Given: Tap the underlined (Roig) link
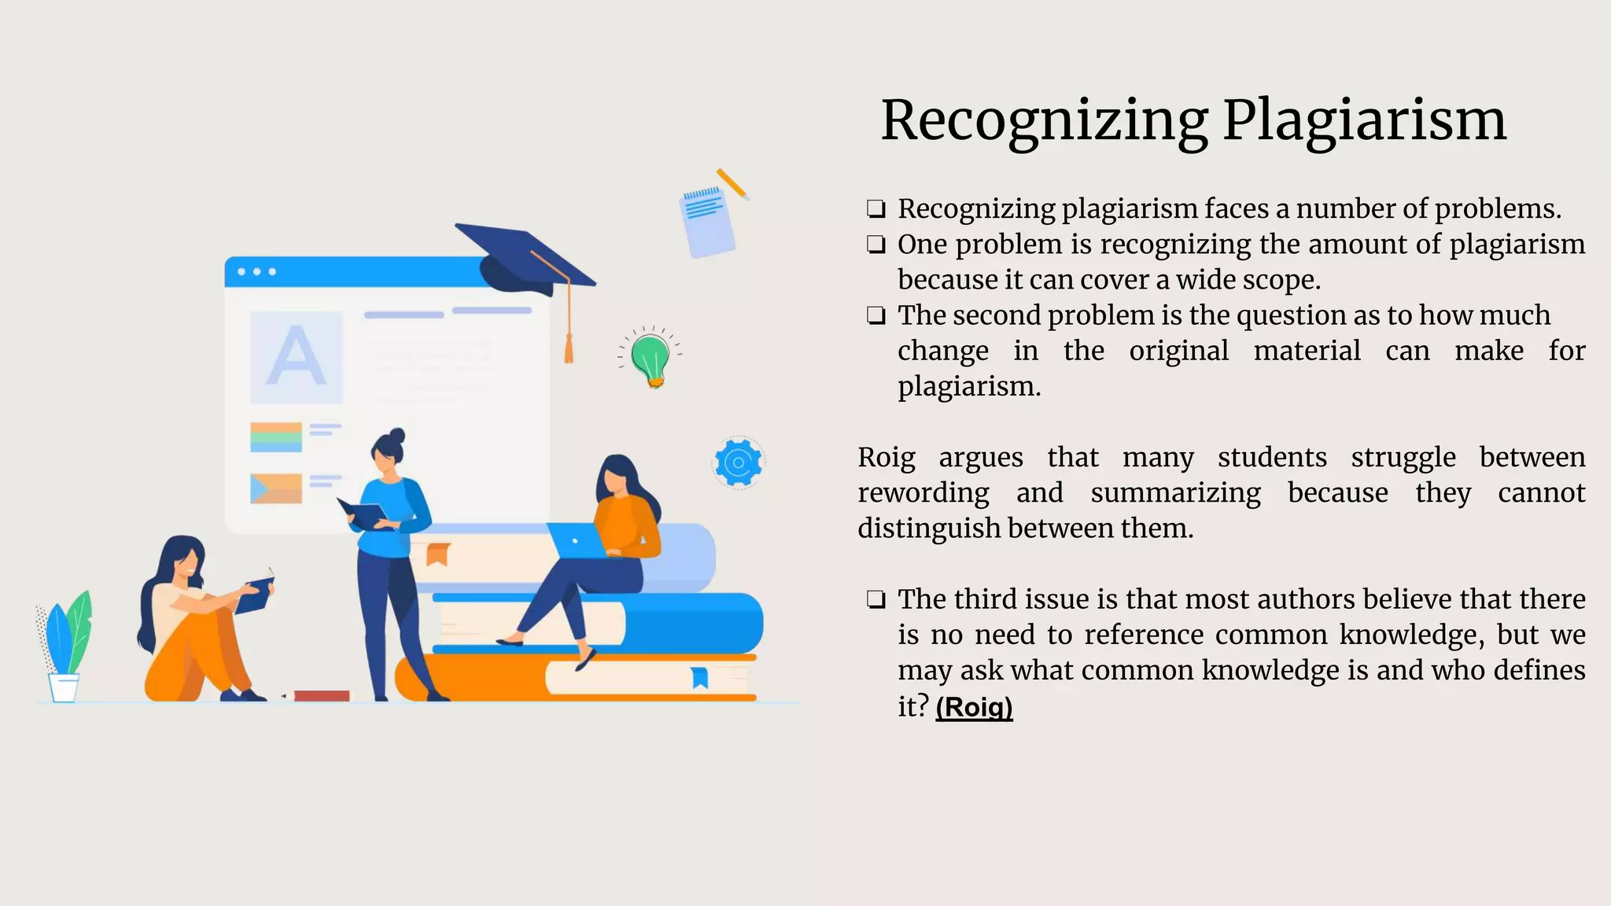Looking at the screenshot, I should click(974, 706).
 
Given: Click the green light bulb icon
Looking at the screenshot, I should click(651, 358).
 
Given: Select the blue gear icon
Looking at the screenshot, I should click(738, 462).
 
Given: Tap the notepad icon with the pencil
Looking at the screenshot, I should click(707, 220).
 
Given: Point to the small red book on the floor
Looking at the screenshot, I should click(320, 696).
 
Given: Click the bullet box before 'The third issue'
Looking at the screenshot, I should click(876, 600).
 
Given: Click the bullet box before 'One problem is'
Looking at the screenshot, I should click(876, 245).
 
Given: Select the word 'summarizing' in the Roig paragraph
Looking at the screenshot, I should click(1175, 492).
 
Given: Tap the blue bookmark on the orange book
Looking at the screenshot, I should click(699, 676).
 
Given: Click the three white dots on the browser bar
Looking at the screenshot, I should click(256, 272).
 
